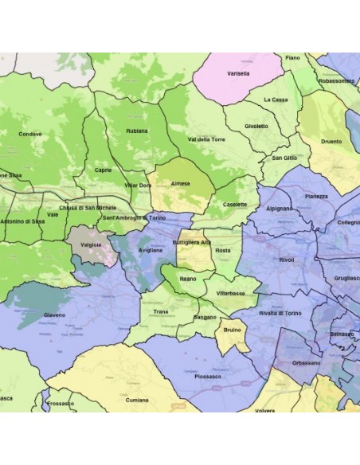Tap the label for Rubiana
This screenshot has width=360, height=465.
(x=137, y=131)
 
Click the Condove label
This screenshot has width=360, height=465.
(x=30, y=134)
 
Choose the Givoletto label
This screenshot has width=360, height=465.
(x=256, y=126)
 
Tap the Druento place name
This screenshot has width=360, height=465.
(x=331, y=142)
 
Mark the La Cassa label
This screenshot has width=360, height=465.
(x=276, y=100)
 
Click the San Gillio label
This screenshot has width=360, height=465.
(x=284, y=158)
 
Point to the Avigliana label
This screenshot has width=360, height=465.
(x=150, y=250)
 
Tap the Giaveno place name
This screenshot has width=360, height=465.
(x=54, y=315)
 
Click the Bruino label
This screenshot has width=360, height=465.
(x=233, y=330)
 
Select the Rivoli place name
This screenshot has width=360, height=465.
(x=287, y=260)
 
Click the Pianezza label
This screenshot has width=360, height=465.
(x=316, y=196)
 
